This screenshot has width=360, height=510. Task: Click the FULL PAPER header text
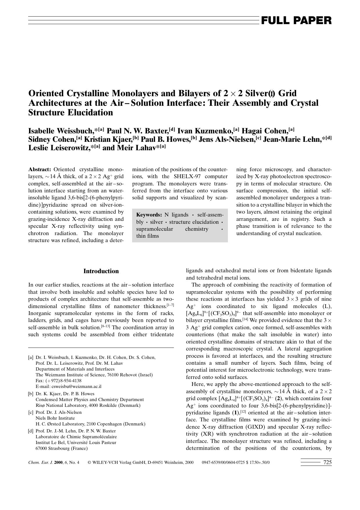tap(296, 21)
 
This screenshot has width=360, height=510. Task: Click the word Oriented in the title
tap(46, 93)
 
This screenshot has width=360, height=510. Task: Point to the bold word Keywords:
tap(149, 215)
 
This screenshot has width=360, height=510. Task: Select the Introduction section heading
tap(101, 271)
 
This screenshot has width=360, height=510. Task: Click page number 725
tap(327, 462)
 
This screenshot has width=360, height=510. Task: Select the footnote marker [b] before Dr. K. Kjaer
tap(31, 394)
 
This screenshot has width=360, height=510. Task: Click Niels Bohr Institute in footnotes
tap(55, 418)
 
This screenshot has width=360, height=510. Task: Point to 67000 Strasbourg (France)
tap(62, 448)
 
